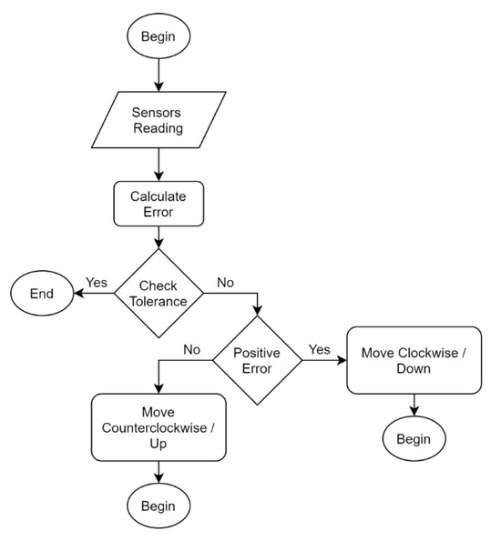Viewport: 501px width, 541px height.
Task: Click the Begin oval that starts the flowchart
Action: (x=159, y=37)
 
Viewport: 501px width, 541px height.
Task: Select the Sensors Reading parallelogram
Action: (x=159, y=120)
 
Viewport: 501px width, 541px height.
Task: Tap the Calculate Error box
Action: (x=159, y=204)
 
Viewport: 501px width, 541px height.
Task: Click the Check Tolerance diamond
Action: (x=158, y=293)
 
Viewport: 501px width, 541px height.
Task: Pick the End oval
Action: (x=42, y=294)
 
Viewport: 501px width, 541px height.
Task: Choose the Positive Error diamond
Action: (x=257, y=360)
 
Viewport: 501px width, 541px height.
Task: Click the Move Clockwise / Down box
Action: (x=414, y=360)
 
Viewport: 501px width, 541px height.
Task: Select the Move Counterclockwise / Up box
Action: (x=158, y=426)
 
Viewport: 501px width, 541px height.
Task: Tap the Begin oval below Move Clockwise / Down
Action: (x=414, y=439)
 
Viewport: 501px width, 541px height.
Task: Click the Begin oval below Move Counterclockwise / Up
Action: (x=159, y=505)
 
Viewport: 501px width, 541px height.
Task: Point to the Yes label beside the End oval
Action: (x=97, y=282)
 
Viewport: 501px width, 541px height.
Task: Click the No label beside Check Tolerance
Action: (x=225, y=282)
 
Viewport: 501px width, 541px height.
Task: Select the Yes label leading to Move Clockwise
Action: (x=320, y=348)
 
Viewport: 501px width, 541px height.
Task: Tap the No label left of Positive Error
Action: (x=191, y=348)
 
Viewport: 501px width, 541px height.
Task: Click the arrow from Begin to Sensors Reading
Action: (x=159, y=75)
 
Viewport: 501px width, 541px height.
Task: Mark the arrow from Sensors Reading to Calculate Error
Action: (x=159, y=165)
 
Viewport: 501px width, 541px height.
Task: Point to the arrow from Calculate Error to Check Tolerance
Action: (x=159, y=236)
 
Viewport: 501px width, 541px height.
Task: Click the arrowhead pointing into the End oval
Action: (x=79, y=294)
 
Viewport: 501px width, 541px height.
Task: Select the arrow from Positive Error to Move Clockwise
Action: (x=323, y=360)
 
